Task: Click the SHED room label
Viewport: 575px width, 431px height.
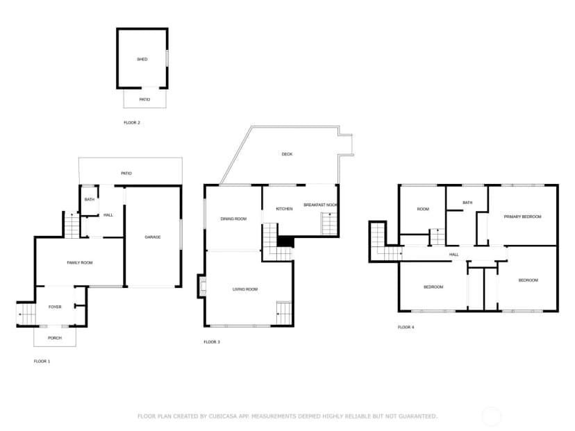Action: pyautogui.click(x=142, y=60)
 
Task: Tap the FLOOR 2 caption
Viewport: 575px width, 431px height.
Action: pyautogui.click(x=132, y=123)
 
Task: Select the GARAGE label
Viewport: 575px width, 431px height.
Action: pyautogui.click(x=153, y=237)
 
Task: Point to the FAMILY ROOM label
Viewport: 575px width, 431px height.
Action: pyautogui.click(x=80, y=263)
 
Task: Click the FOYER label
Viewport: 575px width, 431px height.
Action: pyautogui.click(x=55, y=307)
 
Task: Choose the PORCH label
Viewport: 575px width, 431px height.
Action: pyautogui.click(x=55, y=338)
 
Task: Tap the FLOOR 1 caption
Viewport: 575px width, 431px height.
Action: pyautogui.click(x=42, y=362)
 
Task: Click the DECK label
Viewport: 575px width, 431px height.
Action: pyautogui.click(x=287, y=154)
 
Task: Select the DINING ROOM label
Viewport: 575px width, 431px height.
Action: pyautogui.click(x=233, y=219)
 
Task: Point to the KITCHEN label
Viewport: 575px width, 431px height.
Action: pyautogui.click(x=284, y=209)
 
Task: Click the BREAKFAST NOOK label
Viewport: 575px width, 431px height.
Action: pyautogui.click(x=321, y=205)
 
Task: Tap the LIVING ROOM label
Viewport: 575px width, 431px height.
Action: pyautogui.click(x=245, y=289)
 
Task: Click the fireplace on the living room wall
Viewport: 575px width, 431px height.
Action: pyautogui.click(x=201, y=286)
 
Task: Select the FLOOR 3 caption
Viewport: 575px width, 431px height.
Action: pyautogui.click(x=212, y=342)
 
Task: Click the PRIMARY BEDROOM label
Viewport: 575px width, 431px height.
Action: pyautogui.click(x=522, y=217)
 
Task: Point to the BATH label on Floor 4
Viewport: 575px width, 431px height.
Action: pyautogui.click(x=467, y=203)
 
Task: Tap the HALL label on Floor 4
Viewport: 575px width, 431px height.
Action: pyautogui.click(x=454, y=254)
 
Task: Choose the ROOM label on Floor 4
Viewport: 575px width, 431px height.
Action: pyautogui.click(x=423, y=210)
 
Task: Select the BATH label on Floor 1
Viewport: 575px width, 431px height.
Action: pyautogui.click(x=90, y=200)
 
